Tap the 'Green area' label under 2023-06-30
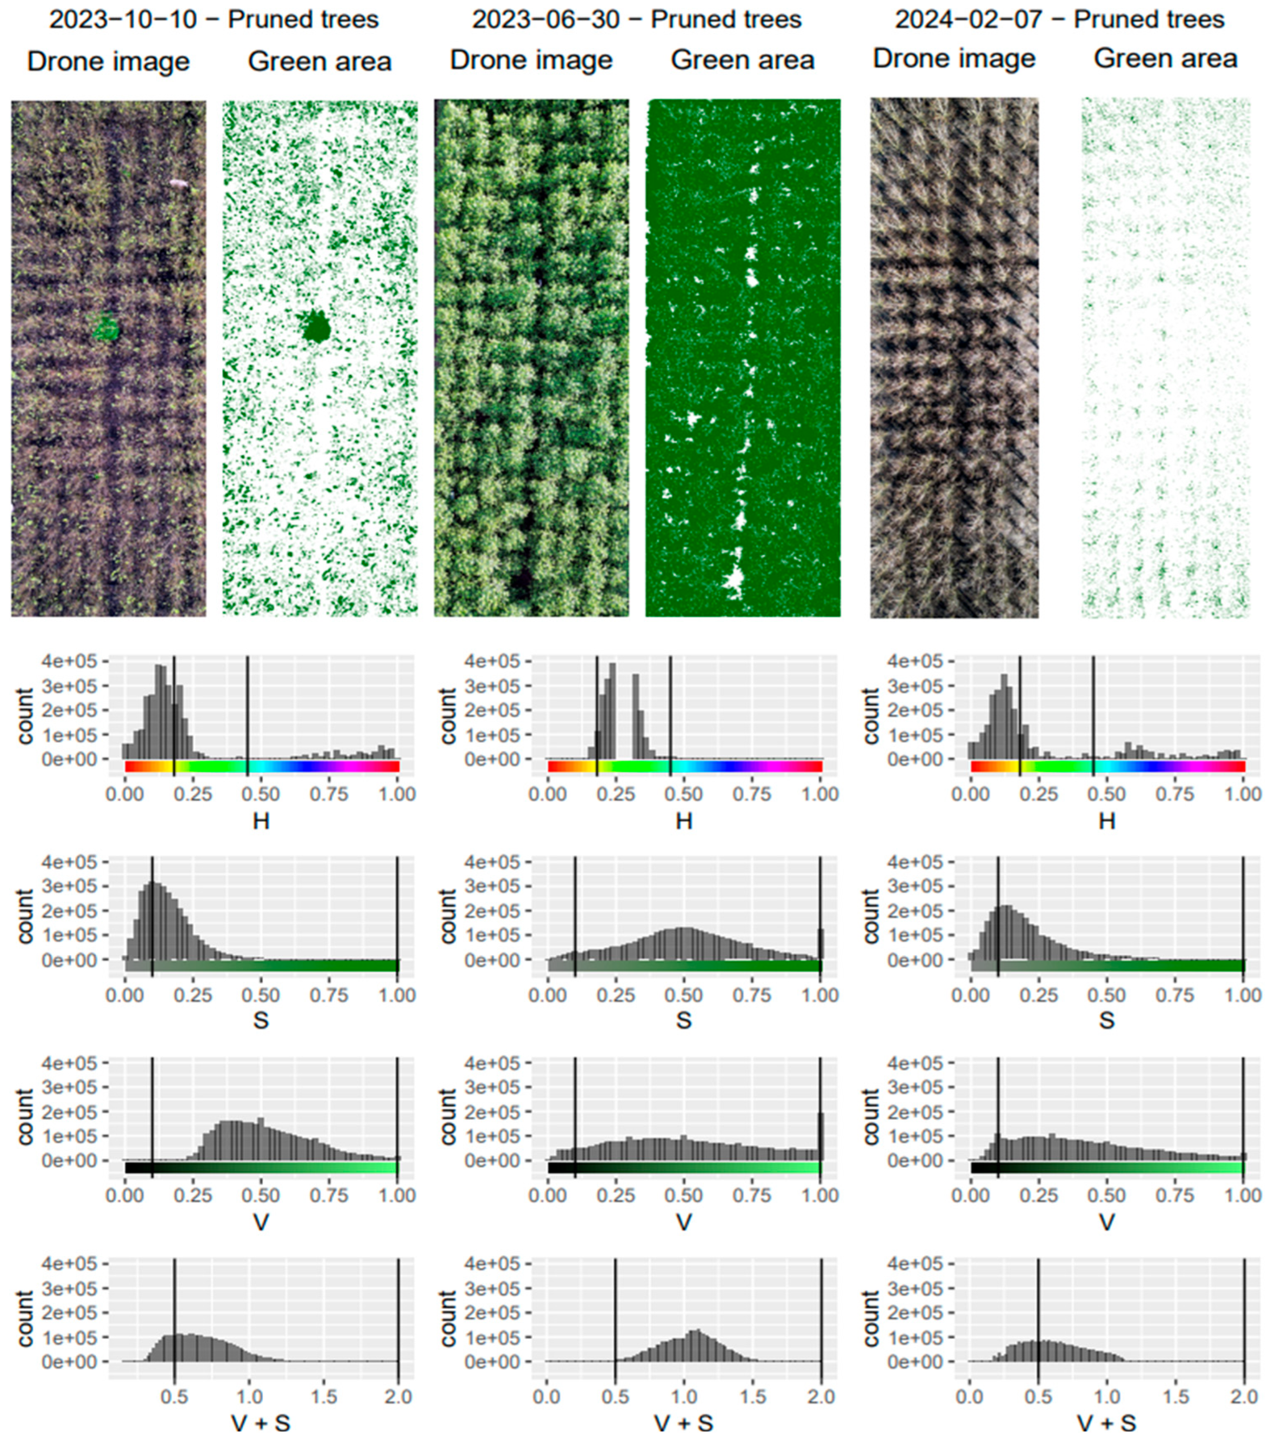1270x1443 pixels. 742,60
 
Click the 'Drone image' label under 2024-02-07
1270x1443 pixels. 954,58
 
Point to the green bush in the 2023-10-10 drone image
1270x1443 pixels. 106,328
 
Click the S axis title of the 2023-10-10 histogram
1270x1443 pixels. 261,1020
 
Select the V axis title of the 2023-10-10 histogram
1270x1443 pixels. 261,1221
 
